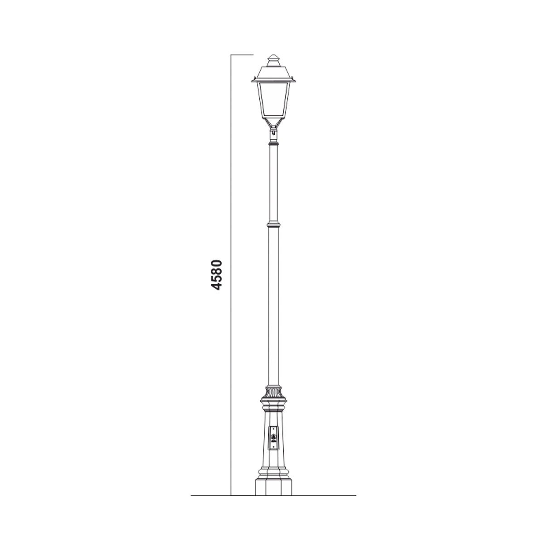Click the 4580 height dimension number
pos(217,275)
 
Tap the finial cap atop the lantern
pos(273,61)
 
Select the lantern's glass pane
pos(273,101)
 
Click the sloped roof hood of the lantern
pos(273,73)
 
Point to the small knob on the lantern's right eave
pos(291,78)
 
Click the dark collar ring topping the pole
pos(273,144)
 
